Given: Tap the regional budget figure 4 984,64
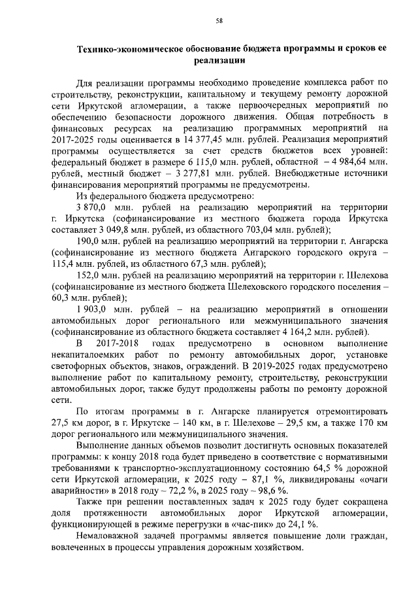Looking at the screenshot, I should (349, 162).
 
